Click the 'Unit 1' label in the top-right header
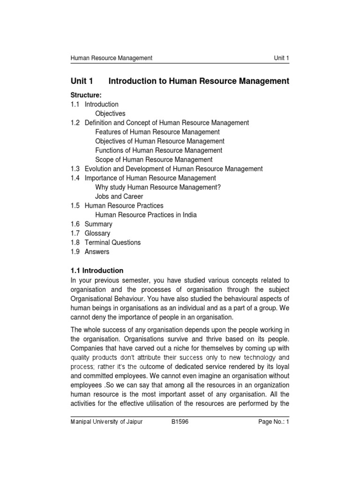tap(281, 58)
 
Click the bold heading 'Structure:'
tap(86, 95)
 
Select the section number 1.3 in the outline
tap(75, 169)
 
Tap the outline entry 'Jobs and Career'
tap(119, 196)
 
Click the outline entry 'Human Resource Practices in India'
tap(146, 215)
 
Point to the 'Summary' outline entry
tap(98, 224)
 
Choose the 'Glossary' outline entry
tap(97, 233)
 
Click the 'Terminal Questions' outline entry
tap(112, 242)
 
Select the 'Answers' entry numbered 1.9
tap(97, 252)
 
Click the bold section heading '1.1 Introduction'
tap(97, 270)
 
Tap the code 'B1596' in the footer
tap(180, 422)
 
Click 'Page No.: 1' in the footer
tap(274, 422)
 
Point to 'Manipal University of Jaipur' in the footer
tap(106, 422)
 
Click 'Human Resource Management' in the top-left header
tap(111, 58)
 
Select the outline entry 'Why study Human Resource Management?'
tap(158, 187)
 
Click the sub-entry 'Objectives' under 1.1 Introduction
tap(110, 113)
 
